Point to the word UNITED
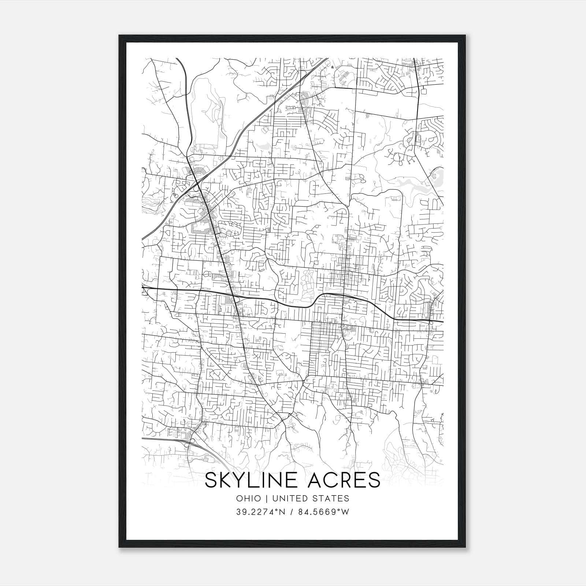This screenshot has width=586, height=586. point(287,498)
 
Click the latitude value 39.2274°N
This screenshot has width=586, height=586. point(260,512)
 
